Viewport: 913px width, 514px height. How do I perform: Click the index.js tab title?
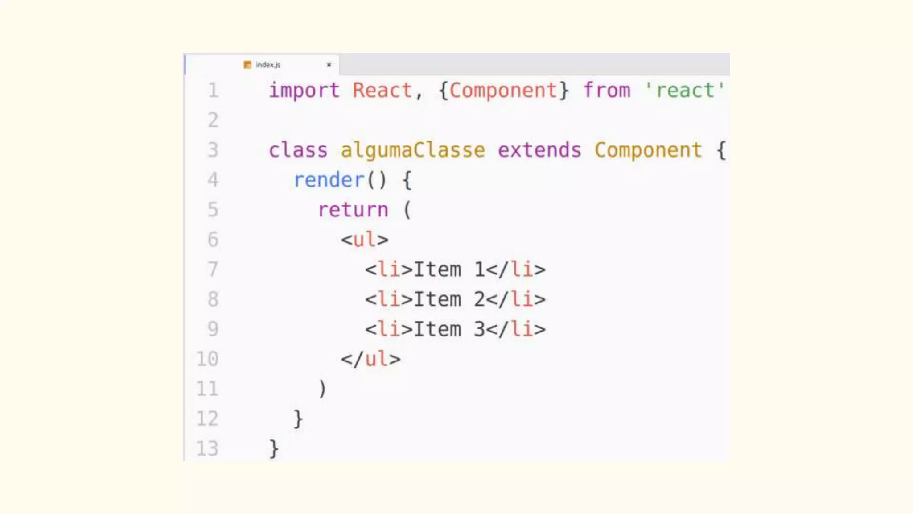(268, 65)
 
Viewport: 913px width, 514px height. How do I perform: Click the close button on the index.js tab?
(329, 65)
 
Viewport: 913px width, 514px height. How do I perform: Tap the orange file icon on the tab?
(247, 65)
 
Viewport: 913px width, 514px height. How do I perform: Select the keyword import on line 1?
(304, 91)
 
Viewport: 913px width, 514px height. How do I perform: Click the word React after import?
(382, 91)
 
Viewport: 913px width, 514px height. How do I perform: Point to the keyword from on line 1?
(607, 91)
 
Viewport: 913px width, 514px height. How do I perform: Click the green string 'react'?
(685, 91)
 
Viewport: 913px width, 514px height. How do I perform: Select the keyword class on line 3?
(298, 150)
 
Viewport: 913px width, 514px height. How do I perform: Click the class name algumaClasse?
(413, 150)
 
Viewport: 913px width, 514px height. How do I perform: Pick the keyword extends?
(539, 150)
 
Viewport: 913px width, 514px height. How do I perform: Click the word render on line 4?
(329, 180)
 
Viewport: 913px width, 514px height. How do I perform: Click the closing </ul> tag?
(371, 359)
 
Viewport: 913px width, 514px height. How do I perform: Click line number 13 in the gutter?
(207, 448)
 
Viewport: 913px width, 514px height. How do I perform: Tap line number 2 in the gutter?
(213, 120)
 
